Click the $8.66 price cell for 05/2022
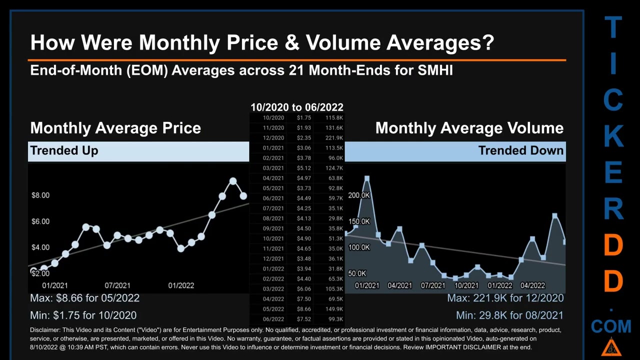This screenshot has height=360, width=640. (x=303, y=309)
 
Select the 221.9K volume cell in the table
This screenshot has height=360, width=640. (x=333, y=138)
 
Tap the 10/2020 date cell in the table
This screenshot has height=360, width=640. (x=273, y=118)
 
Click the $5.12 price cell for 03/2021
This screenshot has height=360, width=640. (x=303, y=168)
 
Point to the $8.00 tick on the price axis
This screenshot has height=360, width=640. (x=40, y=195)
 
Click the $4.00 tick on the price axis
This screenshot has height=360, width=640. (x=40, y=247)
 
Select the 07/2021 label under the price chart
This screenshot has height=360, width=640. (x=117, y=285)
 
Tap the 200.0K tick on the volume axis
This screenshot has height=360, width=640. (x=358, y=195)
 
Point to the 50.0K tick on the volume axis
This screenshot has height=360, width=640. (x=357, y=273)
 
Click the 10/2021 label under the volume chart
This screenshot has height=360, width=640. (x=466, y=285)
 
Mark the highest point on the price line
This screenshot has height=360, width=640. (x=233, y=181)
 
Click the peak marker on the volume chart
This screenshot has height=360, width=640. (x=367, y=178)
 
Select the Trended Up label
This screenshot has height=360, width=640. (x=64, y=150)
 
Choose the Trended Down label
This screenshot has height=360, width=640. (x=520, y=150)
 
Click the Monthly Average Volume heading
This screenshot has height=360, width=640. (x=469, y=128)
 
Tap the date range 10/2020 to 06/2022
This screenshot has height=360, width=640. (x=296, y=107)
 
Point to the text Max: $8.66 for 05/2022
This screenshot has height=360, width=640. (x=84, y=298)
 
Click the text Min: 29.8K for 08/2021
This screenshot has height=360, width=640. (x=509, y=315)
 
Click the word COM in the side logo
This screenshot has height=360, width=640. (x=611, y=326)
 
